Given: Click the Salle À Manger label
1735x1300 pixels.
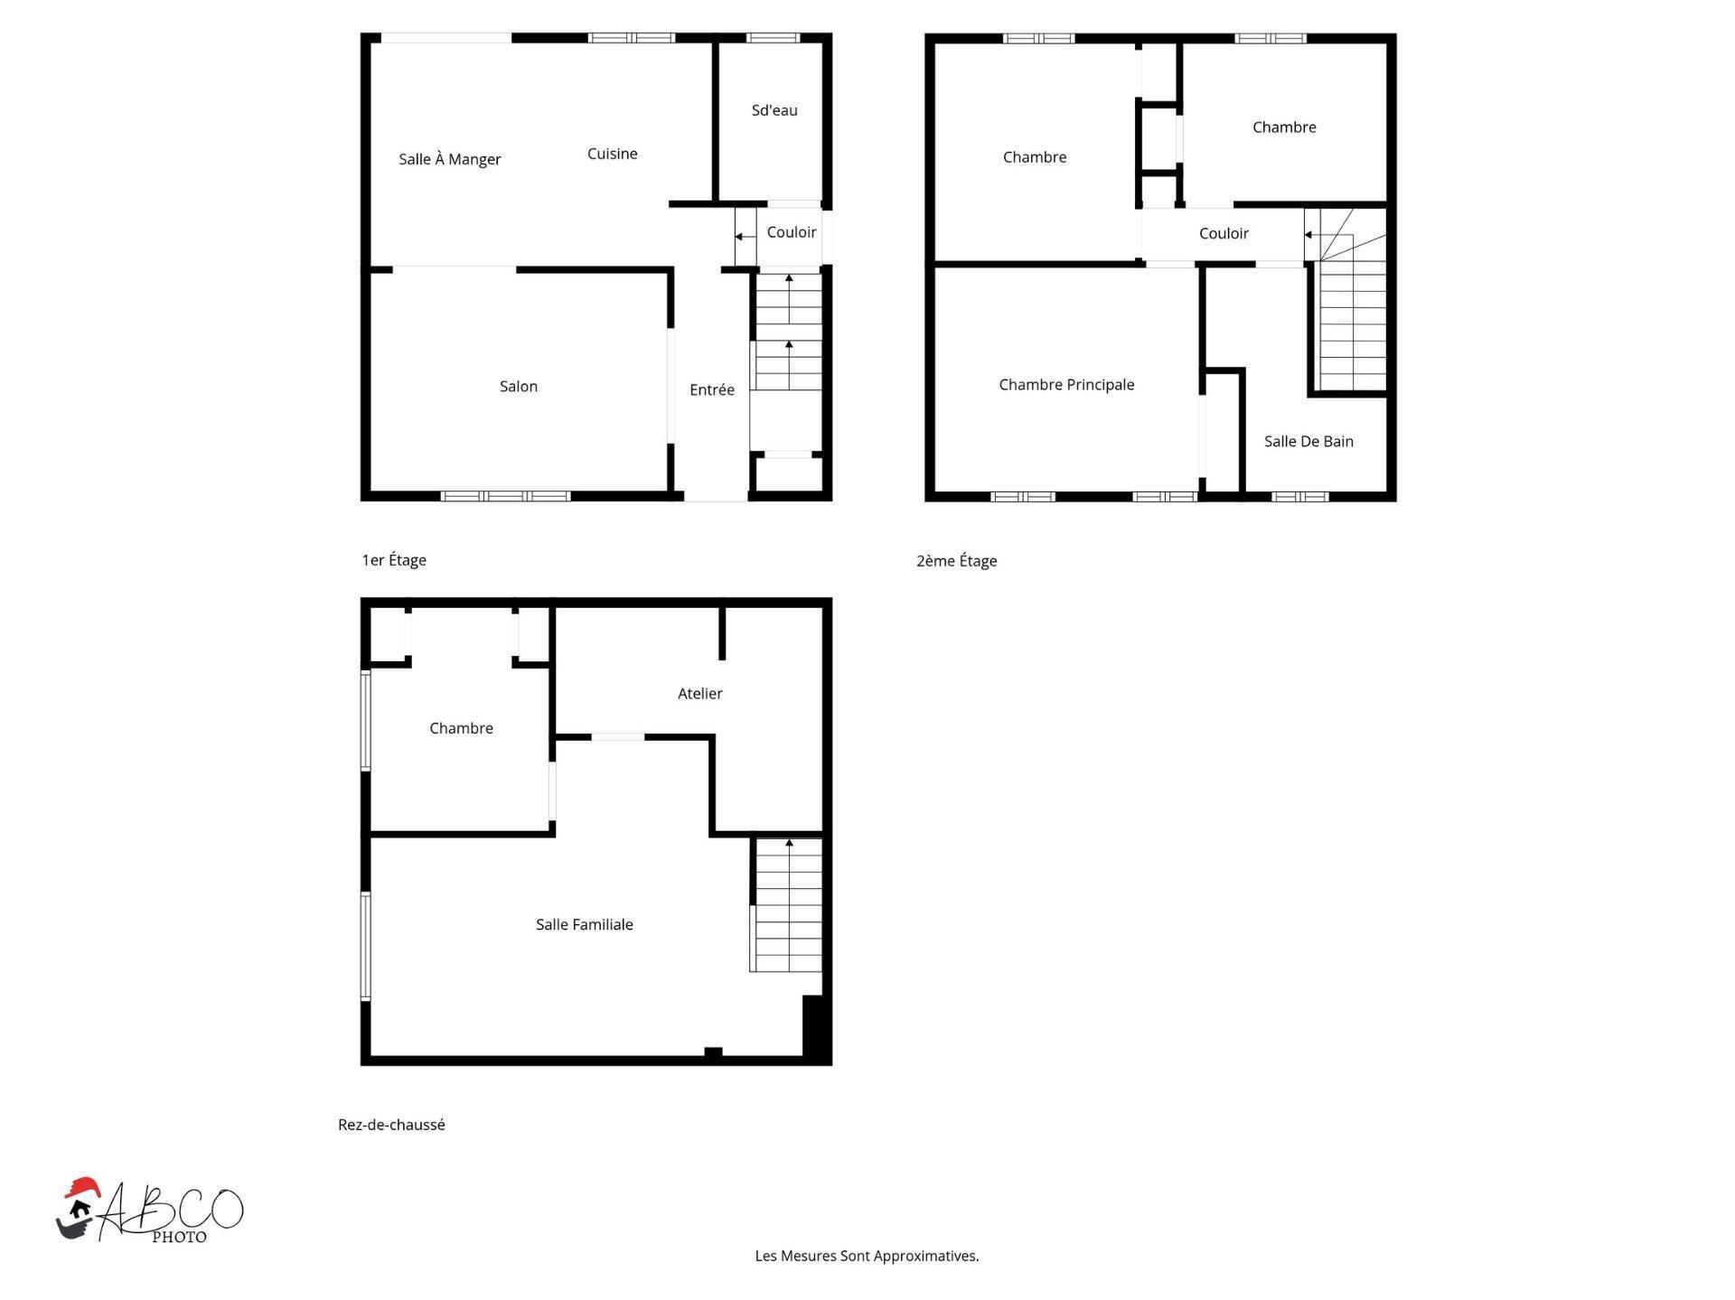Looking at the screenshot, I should [449, 159].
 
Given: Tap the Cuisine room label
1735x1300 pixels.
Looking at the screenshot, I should [612, 154].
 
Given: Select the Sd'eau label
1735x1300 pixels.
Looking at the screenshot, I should [774, 110].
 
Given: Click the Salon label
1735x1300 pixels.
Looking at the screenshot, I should [518, 386].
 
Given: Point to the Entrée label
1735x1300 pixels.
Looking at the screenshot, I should [711, 389].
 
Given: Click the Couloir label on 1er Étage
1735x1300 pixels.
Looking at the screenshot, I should [791, 232].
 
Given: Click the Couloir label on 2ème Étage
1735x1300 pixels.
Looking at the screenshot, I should [1224, 233].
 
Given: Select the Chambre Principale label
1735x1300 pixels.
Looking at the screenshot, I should [1066, 384].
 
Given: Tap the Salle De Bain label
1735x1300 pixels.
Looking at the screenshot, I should [1308, 441].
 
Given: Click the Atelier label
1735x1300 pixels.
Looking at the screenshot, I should [699, 693].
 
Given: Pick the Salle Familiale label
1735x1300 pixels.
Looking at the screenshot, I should [584, 924].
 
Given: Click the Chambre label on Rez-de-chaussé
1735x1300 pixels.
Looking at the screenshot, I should [461, 727].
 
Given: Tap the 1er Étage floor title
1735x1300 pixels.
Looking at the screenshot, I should [394, 560].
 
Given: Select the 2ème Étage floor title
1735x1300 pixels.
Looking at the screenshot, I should [956, 561].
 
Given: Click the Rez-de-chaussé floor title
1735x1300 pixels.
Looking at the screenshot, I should [391, 1125].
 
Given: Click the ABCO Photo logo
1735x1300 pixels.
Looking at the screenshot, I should [150, 1211].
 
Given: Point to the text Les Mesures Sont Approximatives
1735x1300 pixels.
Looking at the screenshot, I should [867, 1256].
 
